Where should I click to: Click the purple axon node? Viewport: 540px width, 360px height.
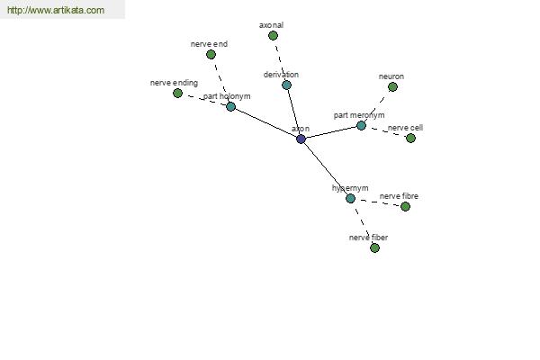click(x=301, y=139)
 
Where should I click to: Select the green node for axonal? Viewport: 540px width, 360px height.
click(x=273, y=35)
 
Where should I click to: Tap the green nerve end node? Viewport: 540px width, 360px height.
click(x=211, y=54)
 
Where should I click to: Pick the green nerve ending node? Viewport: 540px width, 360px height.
click(x=177, y=93)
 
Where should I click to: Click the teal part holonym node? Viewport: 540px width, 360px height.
click(x=230, y=106)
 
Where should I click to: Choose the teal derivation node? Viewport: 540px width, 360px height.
click(x=286, y=85)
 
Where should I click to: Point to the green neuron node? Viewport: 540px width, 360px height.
click(x=392, y=86)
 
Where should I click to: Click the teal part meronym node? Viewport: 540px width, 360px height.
click(x=361, y=125)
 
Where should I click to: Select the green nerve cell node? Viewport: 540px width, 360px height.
click(x=410, y=138)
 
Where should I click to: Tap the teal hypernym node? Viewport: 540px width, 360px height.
click(x=350, y=198)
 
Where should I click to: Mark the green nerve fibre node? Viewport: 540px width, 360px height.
click(x=405, y=206)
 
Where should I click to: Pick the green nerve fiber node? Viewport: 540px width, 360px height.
click(x=374, y=247)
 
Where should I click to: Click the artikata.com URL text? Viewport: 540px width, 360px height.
click(x=56, y=10)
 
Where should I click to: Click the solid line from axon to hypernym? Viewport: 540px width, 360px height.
click(x=326, y=168)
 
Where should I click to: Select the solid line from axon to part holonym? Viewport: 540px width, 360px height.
click(x=265, y=122)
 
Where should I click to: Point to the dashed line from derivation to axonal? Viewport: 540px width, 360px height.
click(x=280, y=60)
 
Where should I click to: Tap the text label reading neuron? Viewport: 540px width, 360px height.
click(x=391, y=76)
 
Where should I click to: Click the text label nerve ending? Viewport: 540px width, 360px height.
click(x=174, y=83)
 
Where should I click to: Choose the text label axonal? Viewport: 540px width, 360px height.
click(x=272, y=25)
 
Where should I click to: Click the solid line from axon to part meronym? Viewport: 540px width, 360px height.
click(x=331, y=132)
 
